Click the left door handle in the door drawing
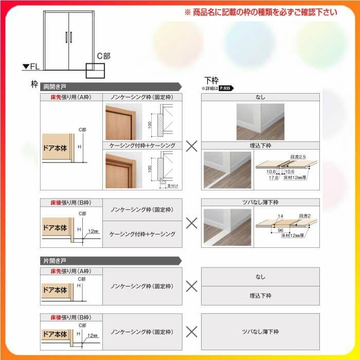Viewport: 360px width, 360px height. pyautogui.click(x=65, y=37)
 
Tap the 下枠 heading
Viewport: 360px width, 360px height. pyautogui.click(x=211, y=80)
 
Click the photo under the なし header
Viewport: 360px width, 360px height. pyautogui.click(x=260, y=122)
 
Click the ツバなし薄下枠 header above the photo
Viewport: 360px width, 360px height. pyautogui.click(x=260, y=203)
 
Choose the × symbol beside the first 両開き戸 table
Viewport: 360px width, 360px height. pyautogui.click(x=191, y=146)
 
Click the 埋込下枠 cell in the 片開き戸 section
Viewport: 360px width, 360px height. pyautogui.click(x=260, y=296)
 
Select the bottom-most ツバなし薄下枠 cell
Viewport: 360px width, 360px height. pyautogui.click(x=260, y=331)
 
